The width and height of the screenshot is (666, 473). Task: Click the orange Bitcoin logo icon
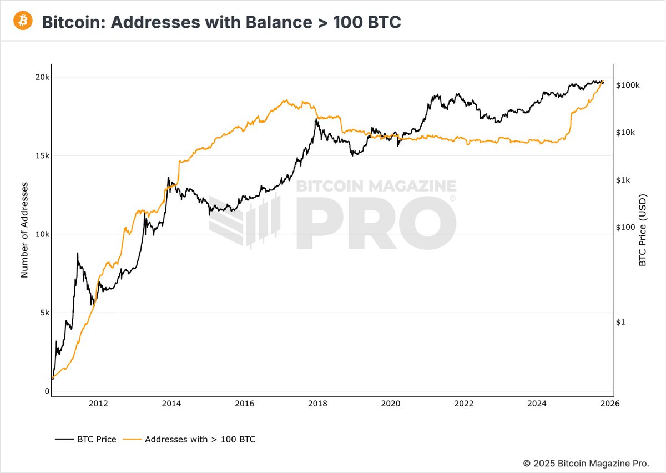click(x=23, y=21)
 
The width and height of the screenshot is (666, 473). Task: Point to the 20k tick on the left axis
click(x=43, y=77)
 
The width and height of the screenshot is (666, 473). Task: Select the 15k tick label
click(x=43, y=155)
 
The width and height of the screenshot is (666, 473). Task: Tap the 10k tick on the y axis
click(x=43, y=234)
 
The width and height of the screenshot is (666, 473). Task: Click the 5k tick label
click(x=44, y=313)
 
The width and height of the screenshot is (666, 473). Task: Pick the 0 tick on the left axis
click(x=47, y=391)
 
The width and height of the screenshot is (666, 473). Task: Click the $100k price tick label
click(x=628, y=85)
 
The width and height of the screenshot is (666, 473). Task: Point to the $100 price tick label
click(x=626, y=227)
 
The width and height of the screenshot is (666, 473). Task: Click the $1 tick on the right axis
click(x=622, y=322)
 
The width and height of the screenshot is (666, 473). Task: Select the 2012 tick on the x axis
click(x=98, y=404)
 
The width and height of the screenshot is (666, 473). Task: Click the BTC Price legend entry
click(x=86, y=439)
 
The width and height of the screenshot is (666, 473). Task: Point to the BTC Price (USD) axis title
click(x=643, y=230)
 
